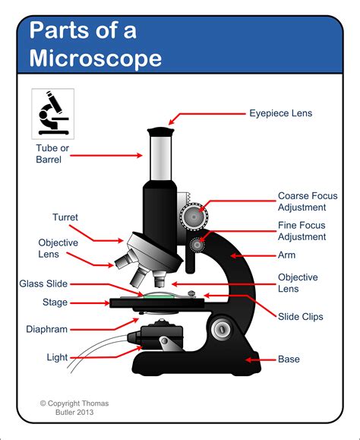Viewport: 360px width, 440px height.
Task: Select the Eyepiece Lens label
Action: click(x=280, y=114)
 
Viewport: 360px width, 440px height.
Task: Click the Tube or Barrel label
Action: click(x=53, y=154)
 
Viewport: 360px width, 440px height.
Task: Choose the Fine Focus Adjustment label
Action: click(x=302, y=231)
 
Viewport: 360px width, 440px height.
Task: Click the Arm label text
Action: click(x=286, y=255)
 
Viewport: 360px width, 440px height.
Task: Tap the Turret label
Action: click(x=65, y=217)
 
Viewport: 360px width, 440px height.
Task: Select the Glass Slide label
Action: click(x=43, y=283)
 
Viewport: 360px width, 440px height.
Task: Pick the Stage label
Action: click(x=55, y=302)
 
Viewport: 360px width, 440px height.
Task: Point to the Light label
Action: click(x=56, y=356)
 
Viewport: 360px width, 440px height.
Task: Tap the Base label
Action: click(x=289, y=359)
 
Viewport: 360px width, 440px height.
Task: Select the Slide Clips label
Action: click(x=301, y=316)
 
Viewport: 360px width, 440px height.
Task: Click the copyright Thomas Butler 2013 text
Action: click(x=74, y=407)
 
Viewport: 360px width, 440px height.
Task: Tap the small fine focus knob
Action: click(x=199, y=245)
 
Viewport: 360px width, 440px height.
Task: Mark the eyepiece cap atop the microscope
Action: click(x=161, y=132)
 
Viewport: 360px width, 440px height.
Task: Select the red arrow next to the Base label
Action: click(x=260, y=359)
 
